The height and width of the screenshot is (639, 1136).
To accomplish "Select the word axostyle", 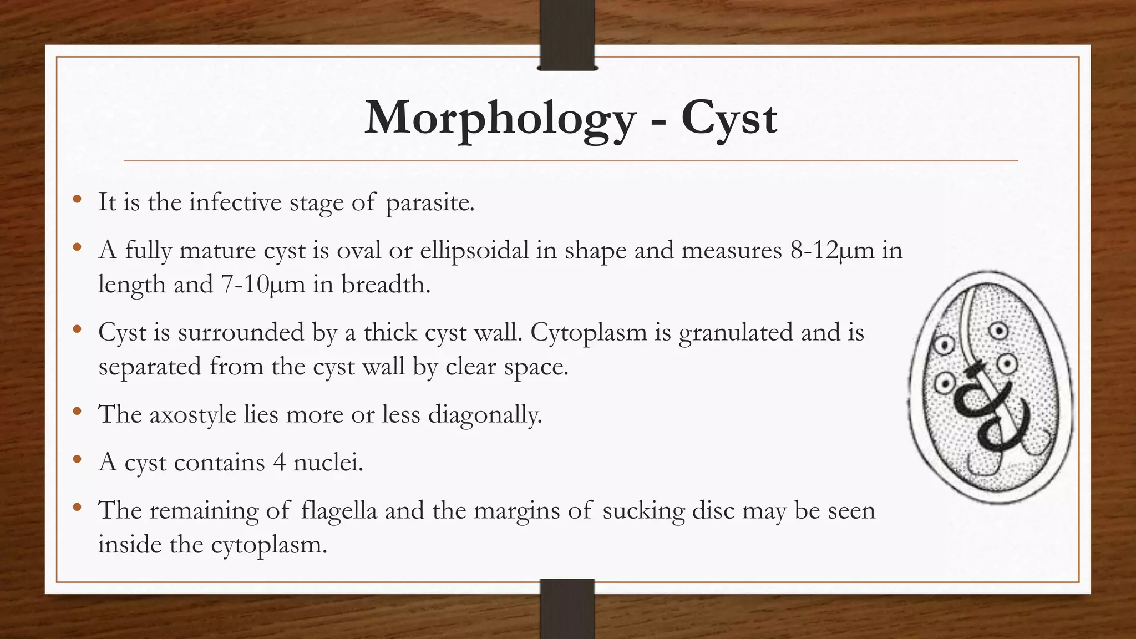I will tap(192, 414).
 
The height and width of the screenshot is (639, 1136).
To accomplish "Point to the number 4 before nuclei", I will tap(279, 462).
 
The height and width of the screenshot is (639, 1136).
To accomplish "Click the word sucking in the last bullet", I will tap(643, 510).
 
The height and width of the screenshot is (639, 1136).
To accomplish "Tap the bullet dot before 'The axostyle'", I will tap(77, 412).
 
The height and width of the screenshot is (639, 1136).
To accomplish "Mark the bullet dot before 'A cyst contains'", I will tap(77, 459).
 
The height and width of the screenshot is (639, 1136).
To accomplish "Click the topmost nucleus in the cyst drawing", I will tap(999, 332).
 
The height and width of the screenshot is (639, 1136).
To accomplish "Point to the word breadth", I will tap(386, 285).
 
